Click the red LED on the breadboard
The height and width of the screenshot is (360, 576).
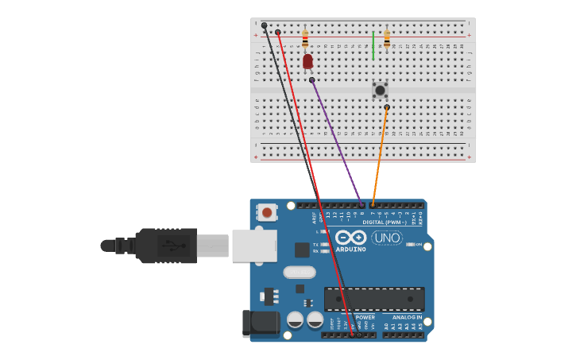(307, 61)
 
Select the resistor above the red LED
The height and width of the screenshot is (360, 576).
(305, 37)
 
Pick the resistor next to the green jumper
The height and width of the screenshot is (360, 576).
(387, 38)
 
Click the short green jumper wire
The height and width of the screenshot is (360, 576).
(373, 46)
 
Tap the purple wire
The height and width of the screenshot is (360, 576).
(337, 143)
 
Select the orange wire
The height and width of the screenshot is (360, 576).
(380, 155)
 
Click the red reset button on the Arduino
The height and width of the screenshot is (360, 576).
(268, 212)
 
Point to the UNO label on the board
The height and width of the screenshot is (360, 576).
(387, 238)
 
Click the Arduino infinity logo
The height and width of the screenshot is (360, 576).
(350, 238)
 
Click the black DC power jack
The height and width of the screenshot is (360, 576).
(261, 323)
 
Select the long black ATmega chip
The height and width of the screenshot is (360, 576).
(374, 299)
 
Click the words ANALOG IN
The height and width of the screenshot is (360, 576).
(407, 317)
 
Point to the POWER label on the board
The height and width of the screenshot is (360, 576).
(365, 317)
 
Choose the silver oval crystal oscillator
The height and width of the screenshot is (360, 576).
(300, 272)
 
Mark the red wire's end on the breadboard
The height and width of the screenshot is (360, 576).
(278, 32)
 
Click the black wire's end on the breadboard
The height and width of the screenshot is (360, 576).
(265, 25)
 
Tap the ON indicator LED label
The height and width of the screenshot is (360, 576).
(418, 244)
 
